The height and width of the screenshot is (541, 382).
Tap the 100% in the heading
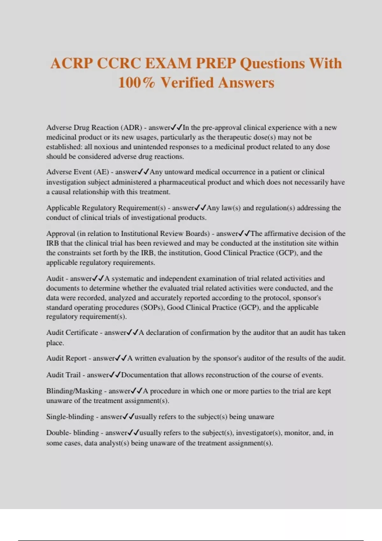click(137, 83)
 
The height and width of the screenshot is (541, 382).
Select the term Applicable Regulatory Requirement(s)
click(106, 208)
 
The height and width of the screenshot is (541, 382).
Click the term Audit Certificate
click(72, 333)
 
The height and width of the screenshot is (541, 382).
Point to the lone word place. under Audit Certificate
click(55, 343)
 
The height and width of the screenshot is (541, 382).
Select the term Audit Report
click(66, 358)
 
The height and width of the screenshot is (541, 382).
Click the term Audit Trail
click(63, 375)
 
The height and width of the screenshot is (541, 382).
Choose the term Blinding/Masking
click(74, 391)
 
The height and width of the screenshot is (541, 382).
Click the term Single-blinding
click(70, 417)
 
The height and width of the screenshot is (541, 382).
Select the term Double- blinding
click(72, 433)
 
